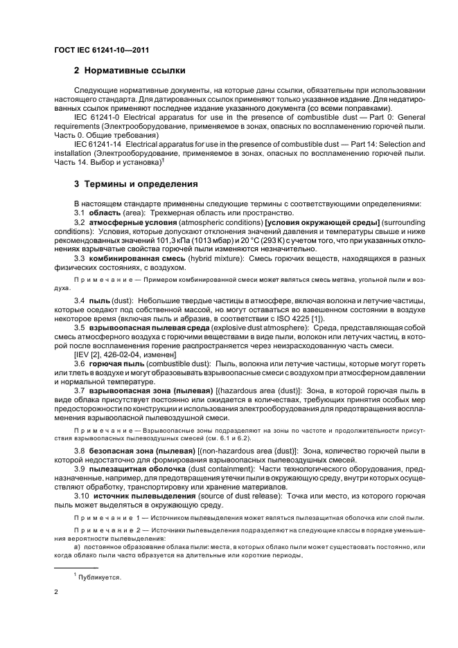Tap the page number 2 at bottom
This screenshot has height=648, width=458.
point(56,593)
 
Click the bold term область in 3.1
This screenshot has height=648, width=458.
point(105,213)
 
